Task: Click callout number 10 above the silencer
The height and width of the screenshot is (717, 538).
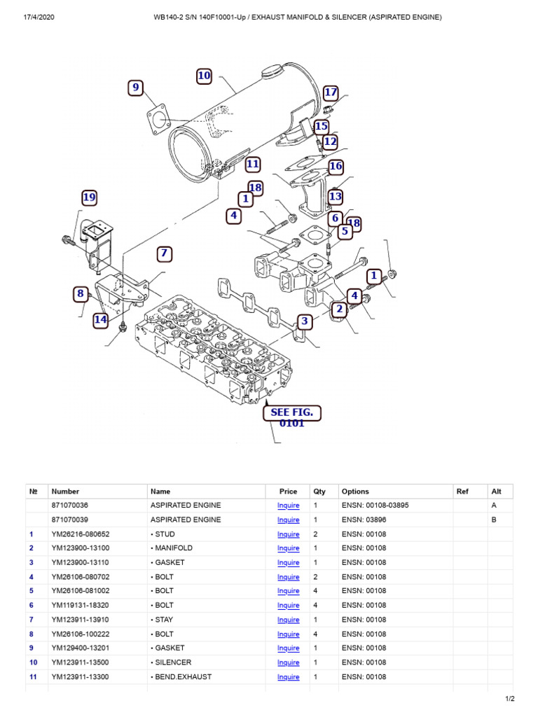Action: (204, 76)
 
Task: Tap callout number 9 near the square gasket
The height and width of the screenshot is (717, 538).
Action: (136, 88)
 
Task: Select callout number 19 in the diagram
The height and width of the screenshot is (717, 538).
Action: (88, 198)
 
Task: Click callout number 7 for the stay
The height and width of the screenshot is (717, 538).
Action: (164, 253)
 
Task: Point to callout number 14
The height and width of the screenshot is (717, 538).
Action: (101, 320)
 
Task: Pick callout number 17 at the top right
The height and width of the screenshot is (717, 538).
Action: (331, 92)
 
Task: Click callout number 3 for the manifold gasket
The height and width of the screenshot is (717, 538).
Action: (304, 322)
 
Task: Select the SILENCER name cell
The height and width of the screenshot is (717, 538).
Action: (172, 662)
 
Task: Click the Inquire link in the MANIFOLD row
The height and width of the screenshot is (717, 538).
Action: (288, 548)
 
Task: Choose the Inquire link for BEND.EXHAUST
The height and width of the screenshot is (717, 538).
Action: (288, 677)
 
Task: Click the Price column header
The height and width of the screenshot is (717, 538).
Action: (288, 492)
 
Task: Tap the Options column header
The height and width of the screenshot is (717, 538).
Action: (355, 492)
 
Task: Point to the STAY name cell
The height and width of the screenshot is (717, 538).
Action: (165, 620)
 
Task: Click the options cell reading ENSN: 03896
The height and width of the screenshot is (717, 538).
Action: (361, 520)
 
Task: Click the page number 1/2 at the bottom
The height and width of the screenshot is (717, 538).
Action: (510, 699)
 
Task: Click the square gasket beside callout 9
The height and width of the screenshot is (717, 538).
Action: (160, 118)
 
